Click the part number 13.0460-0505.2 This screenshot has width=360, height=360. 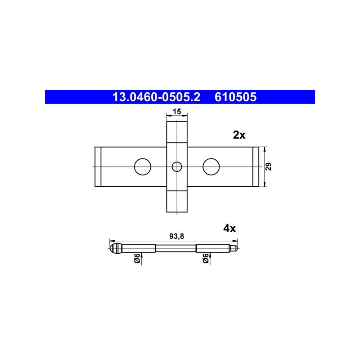click(156, 97)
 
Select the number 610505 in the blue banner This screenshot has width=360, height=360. click(235, 97)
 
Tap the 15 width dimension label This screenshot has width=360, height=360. click(177, 112)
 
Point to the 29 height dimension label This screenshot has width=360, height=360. click(269, 166)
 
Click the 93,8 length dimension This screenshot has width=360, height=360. click(177, 236)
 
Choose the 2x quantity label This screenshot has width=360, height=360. click(239, 135)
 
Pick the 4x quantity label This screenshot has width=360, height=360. click(229, 229)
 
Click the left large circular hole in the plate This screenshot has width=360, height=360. click(143, 166)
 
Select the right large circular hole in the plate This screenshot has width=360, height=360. click(211, 166)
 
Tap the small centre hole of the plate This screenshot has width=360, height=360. click(177, 166)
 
